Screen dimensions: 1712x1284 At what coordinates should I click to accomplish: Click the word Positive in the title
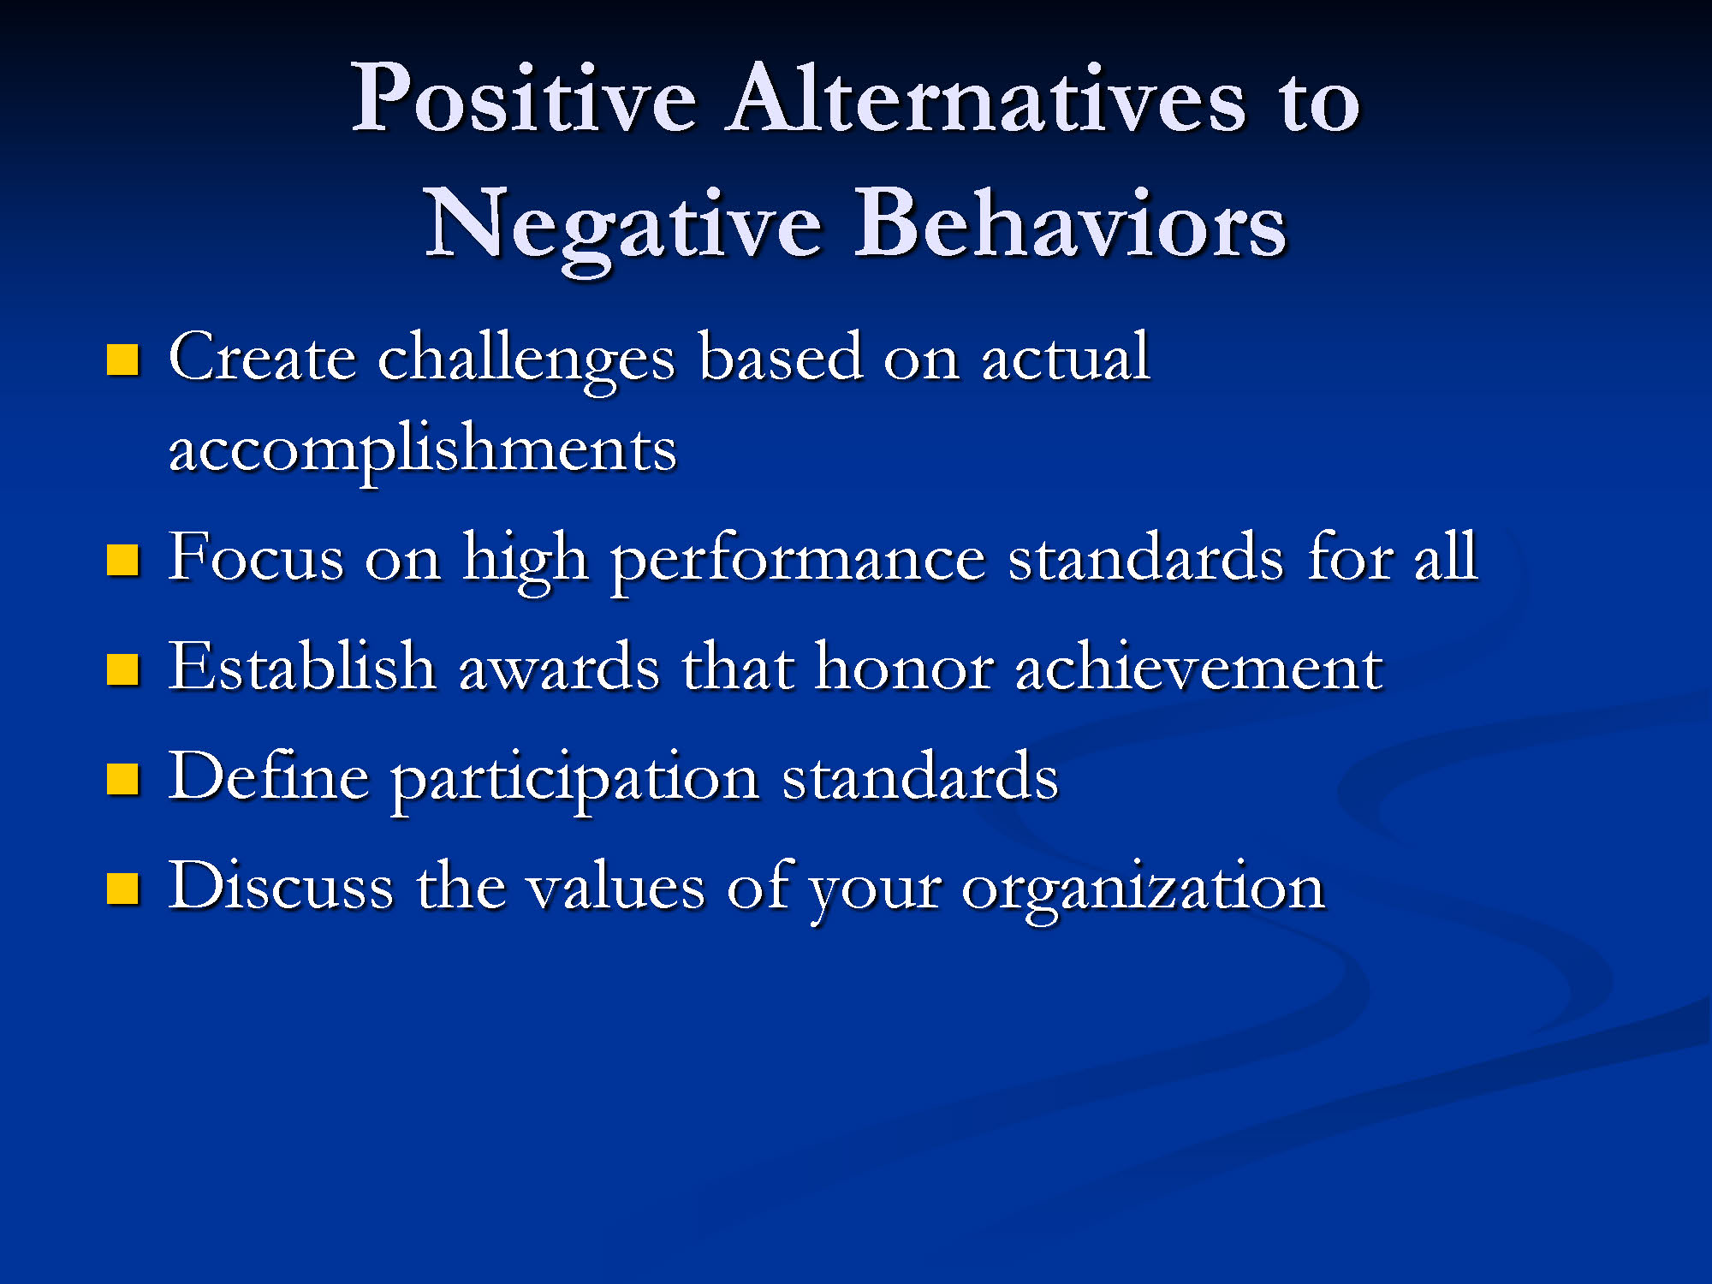pyautogui.click(x=524, y=98)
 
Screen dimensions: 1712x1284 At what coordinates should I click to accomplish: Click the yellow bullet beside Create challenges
pyautogui.click(x=122, y=360)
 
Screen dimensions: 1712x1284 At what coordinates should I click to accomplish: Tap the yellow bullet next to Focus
pyautogui.click(x=122, y=561)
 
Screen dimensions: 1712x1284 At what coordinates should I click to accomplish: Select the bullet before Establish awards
pyautogui.click(x=122, y=670)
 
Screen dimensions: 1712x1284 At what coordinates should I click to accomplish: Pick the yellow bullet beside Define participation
pyautogui.click(x=122, y=780)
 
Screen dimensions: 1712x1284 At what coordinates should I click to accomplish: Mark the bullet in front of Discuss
pyautogui.click(x=122, y=889)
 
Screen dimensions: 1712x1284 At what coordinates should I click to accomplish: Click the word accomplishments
pyautogui.click(x=423, y=449)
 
